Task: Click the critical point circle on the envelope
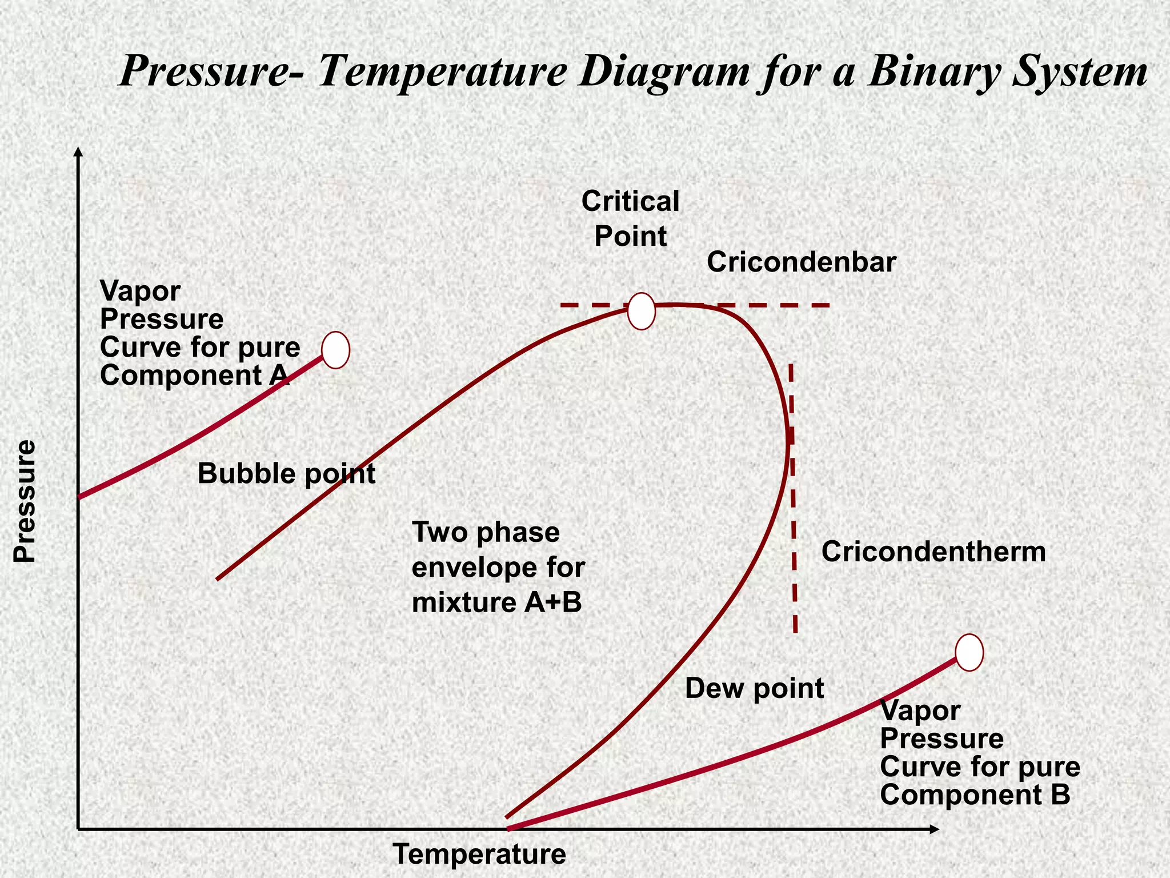click(x=641, y=312)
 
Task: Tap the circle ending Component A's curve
click(x=336, y=350)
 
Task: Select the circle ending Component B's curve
click(x=969, y=652)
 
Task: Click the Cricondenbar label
click(x=801, y=263)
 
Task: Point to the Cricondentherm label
click(x=933, y=552)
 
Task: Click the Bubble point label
click(x=286, y=474)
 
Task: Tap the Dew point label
click(x=754, y=688)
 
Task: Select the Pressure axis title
click(x=25, y=501)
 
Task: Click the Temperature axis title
click(x=479, y=855)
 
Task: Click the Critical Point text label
click(x=630, y=219)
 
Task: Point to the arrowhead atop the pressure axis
click(x=79, y=151)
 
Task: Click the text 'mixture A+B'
click(x=496, y=603)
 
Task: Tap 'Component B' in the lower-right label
click(x=975, y=795)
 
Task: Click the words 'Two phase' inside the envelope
click(x=486, y=533)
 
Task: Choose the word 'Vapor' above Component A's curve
click(x=140, y=291)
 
